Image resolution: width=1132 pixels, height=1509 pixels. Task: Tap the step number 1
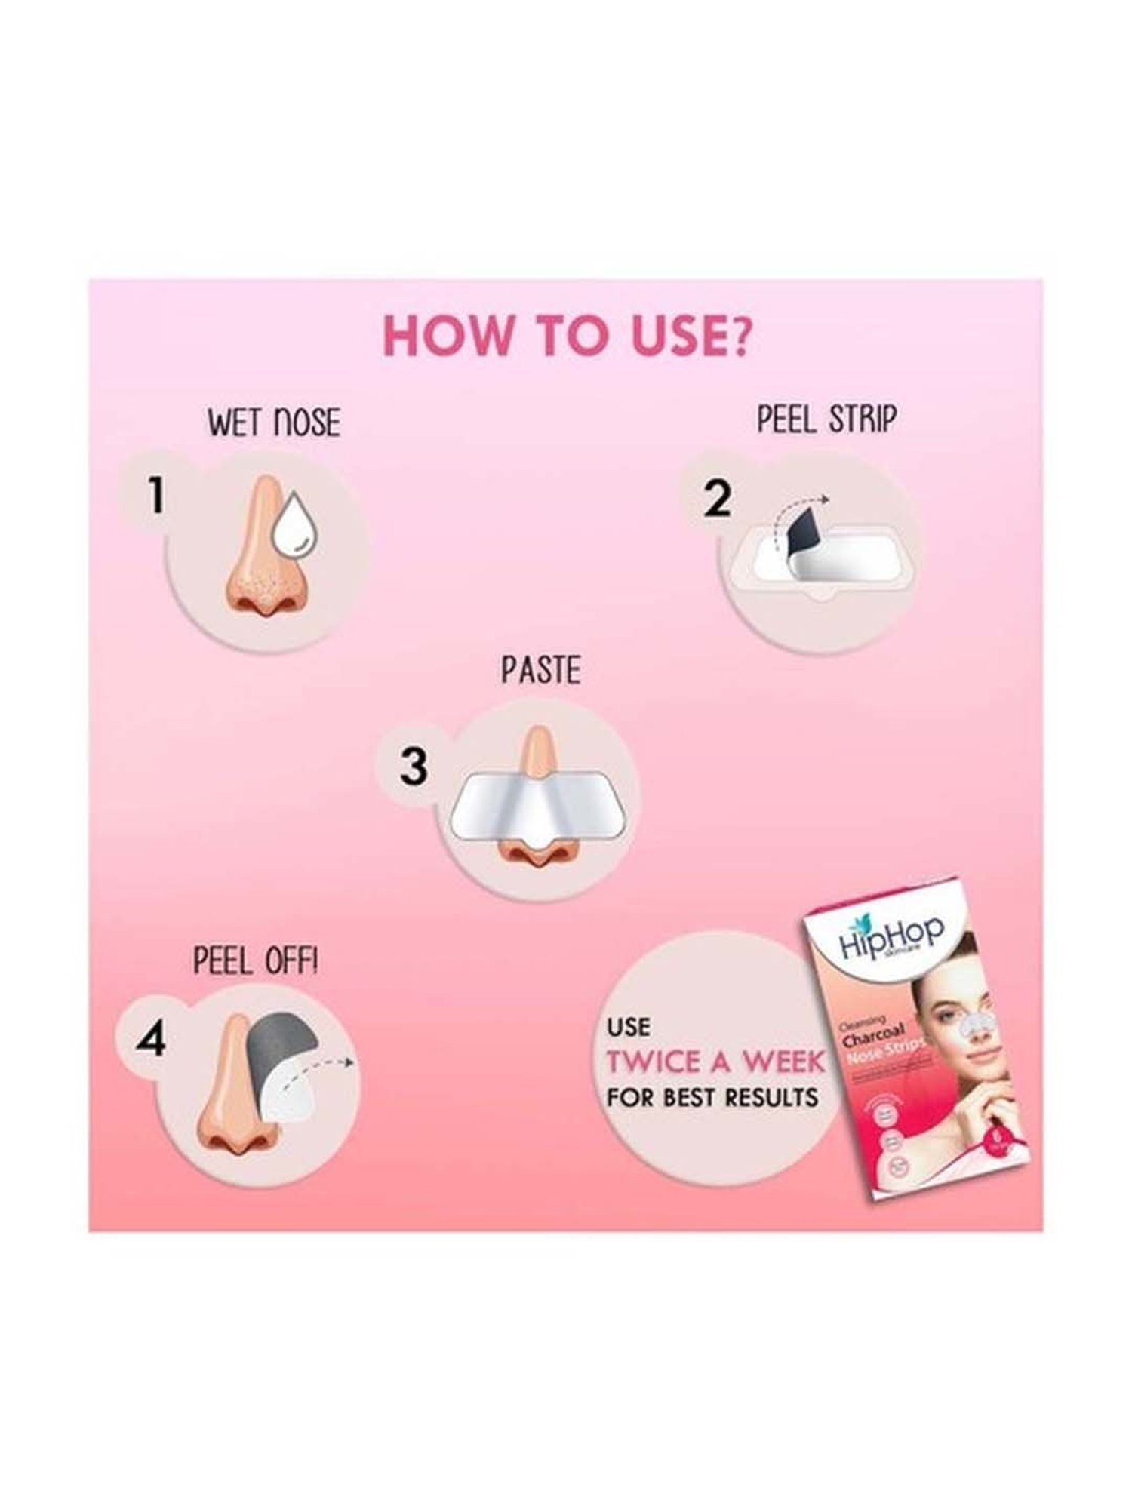[155, 496]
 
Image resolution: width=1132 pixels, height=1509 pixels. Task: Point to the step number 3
[413, 767]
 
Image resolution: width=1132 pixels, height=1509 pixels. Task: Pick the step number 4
[150, 1041]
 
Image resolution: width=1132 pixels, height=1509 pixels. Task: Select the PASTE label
[541, 670]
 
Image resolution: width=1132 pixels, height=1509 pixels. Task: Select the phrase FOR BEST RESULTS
[712, 1096]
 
